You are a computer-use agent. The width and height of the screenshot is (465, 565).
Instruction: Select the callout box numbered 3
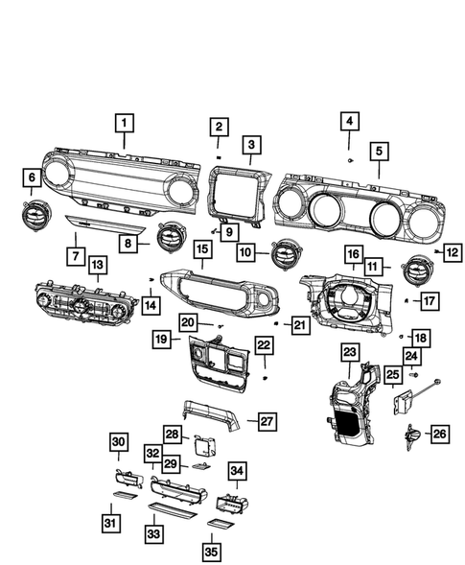251,145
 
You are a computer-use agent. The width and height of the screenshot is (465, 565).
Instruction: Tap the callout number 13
98,263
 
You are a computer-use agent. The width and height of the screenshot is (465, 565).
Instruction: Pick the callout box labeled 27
267,419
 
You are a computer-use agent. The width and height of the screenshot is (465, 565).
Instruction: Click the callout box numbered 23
348,353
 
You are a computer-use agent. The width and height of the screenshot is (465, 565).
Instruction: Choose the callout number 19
164,338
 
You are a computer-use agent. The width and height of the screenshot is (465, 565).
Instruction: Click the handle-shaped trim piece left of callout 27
205,415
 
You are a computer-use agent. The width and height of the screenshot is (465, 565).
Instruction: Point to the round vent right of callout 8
173,233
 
